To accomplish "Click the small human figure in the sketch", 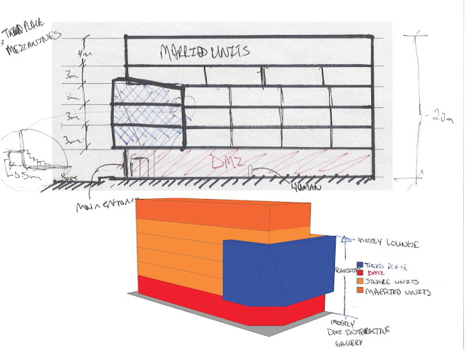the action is pyautogui.click(x=250, y=170).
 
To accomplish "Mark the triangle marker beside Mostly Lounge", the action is pyautogui.click(x=347, y=238).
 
